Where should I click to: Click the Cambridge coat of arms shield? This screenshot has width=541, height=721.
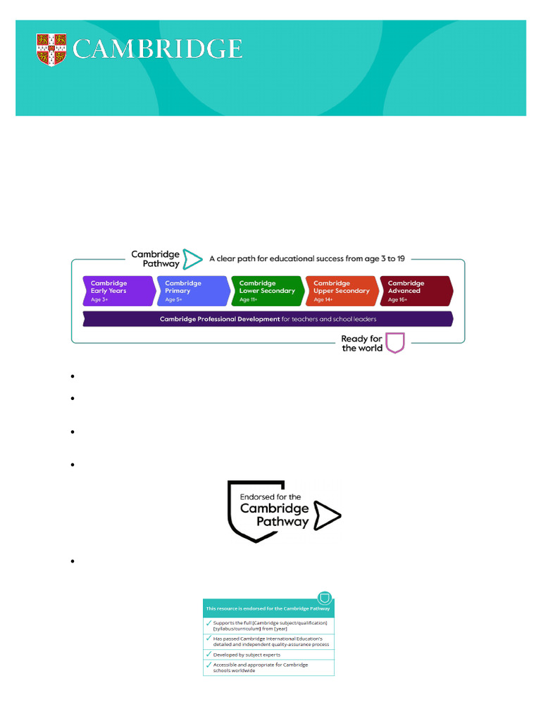[51, 49]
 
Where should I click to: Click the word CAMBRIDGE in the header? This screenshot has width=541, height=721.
[158, 49]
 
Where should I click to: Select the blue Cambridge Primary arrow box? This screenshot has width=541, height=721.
[192, 291]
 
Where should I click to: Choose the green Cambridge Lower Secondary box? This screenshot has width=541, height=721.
[267, 291]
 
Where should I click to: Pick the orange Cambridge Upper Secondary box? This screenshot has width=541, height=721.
[341, 291]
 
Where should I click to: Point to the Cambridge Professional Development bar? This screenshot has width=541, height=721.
[268, 319]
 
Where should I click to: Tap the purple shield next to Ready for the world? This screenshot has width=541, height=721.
[395, 343]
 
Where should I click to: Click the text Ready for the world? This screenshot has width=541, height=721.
[362, 343]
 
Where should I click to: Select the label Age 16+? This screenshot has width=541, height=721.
[398, 300]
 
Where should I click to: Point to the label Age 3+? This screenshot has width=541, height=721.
[101, 300]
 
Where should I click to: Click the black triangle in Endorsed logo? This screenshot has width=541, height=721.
[328, 515]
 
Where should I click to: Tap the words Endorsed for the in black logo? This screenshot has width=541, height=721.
[270, 497]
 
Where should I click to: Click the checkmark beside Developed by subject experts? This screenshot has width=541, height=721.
[209, 654]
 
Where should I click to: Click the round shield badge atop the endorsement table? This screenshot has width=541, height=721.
[325, 598]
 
